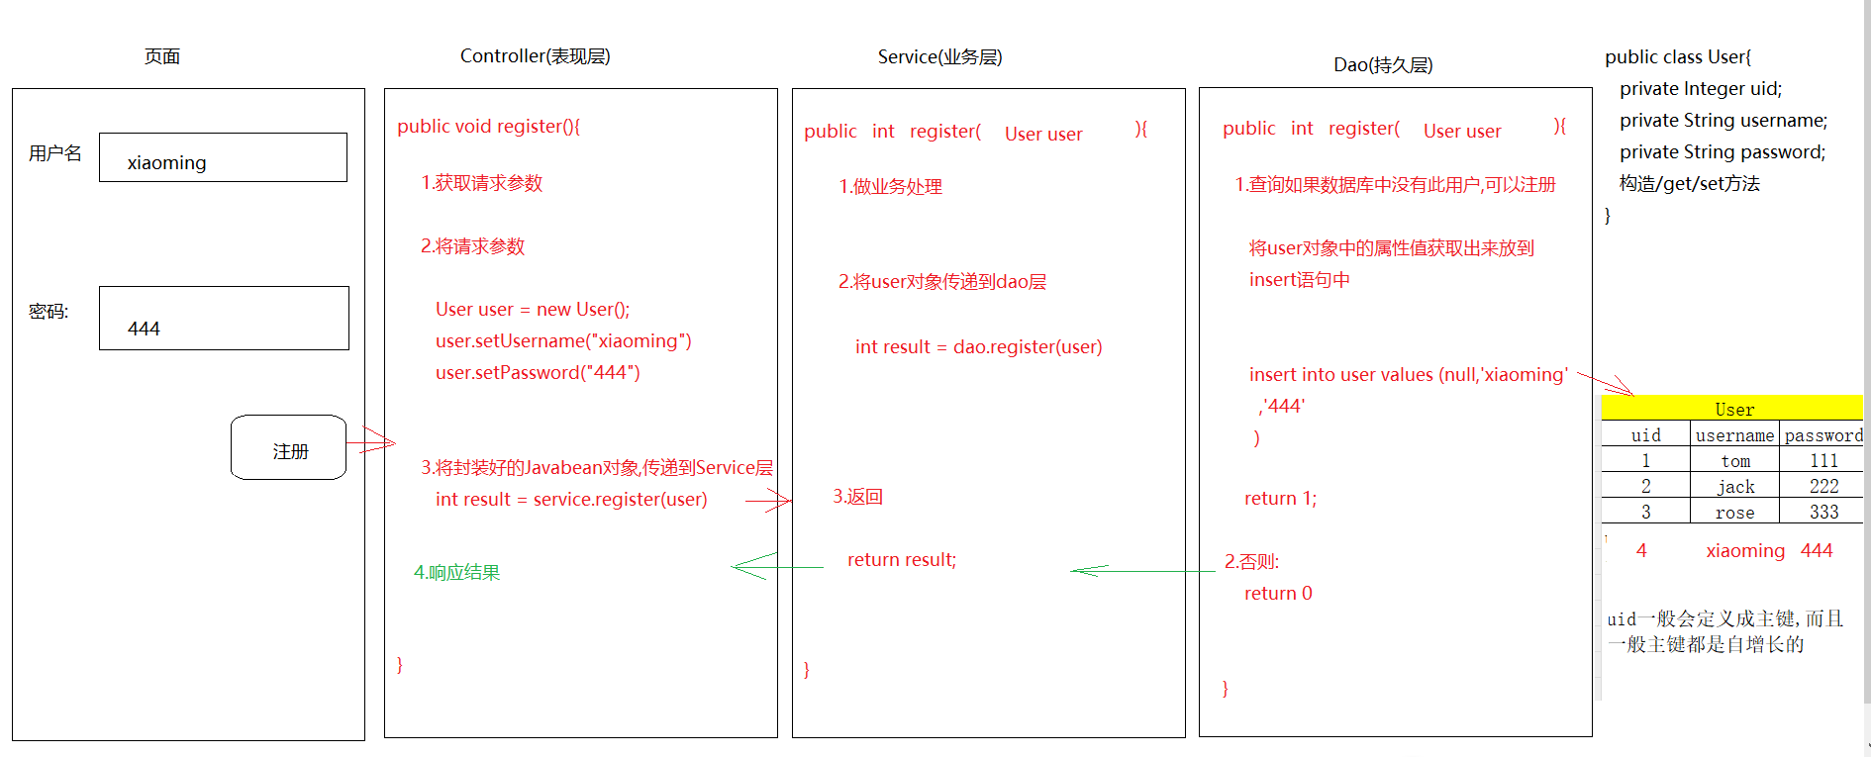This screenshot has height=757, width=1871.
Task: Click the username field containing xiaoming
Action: pyautogui.click(x=223, y=157)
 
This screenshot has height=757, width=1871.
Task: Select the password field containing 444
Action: pyautogui.click(x=224, y=318)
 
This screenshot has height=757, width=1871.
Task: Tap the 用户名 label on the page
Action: pyautogui.click(x=55, y=153)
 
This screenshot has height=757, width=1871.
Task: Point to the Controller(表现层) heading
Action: pyautogui.click(x=535, y=56)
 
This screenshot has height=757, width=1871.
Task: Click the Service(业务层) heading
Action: pyautogui.click(x=939, y=57)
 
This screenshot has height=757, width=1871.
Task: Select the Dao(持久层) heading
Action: pyautogui.click(x=1382, y=65)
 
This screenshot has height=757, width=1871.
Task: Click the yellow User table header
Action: pyautogui.click(x=1731, y=408)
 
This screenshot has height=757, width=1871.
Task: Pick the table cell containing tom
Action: pyautogui.click(x=1734, y=461)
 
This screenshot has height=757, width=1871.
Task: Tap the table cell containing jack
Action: pyautogui.click(x=1734, y=487)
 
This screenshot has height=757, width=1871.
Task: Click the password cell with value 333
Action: pyautogui.click(x=1822, y=513)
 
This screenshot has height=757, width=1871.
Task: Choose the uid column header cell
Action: pyautogui.click(x=1645, y=435)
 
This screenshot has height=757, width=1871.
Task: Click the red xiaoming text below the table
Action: pyautogui.click(x=1744, y=551)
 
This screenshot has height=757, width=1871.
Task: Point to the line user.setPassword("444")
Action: pyautogui.click(x=538, y=373)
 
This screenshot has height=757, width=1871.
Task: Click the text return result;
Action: pyautogui.click(x=901, y=560)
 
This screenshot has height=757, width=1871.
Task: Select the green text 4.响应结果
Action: pyautogui.click(x=456, y=573)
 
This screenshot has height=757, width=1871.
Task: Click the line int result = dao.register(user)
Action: pyautogui.click(x=978, y=347)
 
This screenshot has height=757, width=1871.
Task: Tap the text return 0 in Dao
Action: pyautogui.click(x=1277, y=594)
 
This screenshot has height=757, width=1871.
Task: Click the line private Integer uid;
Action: pyautogui.click(x=1700, y=89)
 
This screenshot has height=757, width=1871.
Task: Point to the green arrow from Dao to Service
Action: pyautogui.click(x=1142, y=571)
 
